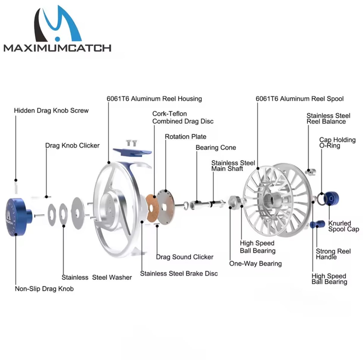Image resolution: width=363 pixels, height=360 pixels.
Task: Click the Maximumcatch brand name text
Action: coord(57,48)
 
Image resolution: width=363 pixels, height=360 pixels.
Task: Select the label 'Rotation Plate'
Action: coord(185,136)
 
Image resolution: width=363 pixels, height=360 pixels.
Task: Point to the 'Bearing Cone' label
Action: coord(216,148)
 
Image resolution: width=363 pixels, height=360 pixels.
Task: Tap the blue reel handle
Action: coord(318,224)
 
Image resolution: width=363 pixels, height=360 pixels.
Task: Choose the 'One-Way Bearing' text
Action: coord(255,263)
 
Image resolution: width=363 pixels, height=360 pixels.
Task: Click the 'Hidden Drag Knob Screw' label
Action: coord(51,111)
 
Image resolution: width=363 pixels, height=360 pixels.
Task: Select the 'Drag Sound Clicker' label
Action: coord(185,257)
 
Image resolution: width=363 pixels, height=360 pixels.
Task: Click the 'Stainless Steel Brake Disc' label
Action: coord(179,274)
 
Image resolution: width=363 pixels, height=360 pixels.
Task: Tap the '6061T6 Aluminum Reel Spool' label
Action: coord(299,99)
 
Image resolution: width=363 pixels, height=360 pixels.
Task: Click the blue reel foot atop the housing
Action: coord(132,152)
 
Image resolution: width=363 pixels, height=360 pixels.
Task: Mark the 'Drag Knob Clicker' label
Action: coord(72,146)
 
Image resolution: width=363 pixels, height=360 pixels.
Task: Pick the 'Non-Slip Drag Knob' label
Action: coord(44,289)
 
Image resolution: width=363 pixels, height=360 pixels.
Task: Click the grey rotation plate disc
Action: coord(166,207)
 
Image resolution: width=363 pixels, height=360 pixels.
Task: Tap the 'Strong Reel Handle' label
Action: coord(333,254)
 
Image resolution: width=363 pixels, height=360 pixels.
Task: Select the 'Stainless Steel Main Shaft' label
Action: coord(233,166)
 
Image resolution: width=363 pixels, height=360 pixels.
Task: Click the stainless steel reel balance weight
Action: coord(310,172)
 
